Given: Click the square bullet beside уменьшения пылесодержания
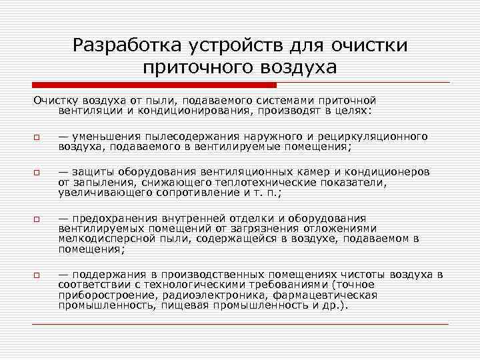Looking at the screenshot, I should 37,138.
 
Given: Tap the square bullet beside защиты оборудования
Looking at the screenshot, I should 37,174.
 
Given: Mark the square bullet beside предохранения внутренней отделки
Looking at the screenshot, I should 37,219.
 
